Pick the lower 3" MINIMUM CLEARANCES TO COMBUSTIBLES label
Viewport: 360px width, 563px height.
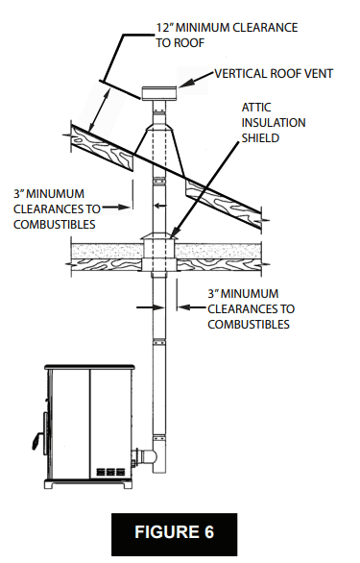(250, 308)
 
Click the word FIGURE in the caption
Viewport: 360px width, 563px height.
(170, 530)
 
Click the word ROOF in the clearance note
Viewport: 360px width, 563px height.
(190, 42)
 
